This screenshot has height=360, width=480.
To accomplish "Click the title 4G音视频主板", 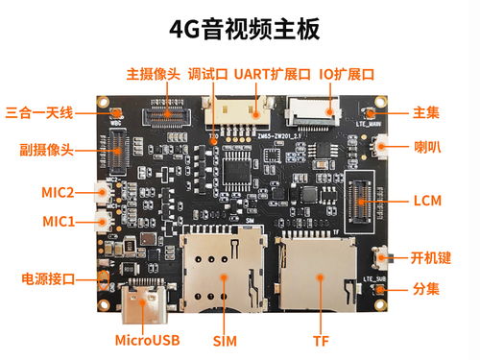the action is tap(244, 30).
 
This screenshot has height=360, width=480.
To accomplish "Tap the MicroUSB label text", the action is tap(147, 341).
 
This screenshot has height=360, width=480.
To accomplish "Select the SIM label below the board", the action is tap(225, 341).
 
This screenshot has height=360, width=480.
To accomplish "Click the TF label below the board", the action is tap(321, 341).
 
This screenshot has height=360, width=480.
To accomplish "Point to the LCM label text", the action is tap(427, 201).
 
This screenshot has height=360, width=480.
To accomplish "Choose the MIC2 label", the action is tap(58, 193).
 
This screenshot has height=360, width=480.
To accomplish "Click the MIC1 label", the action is tap(59, 222).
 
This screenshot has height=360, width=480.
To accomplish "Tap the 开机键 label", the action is tap(431, 258).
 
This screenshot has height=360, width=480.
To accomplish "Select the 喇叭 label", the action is tap(427, 147).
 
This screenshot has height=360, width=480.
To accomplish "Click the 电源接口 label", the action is tap(48, 279).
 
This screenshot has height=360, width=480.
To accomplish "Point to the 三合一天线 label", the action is tap(39, 113).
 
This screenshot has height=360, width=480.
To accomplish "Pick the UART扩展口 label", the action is tap(273, 74).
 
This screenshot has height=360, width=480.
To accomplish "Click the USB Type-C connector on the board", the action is tap(144, 300).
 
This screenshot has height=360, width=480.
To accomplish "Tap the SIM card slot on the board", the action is tap(223, 272).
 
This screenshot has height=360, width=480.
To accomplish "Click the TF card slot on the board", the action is tap(318, 274).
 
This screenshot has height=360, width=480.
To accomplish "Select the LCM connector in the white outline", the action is tap(361, 202).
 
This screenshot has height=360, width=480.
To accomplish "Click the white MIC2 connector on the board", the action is tap(103, 192).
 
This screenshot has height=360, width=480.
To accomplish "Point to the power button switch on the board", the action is tap(382, 258).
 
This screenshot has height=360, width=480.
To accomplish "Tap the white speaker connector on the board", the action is tap(379, 147).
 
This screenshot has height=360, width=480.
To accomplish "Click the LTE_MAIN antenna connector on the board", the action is tap(371, 113).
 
